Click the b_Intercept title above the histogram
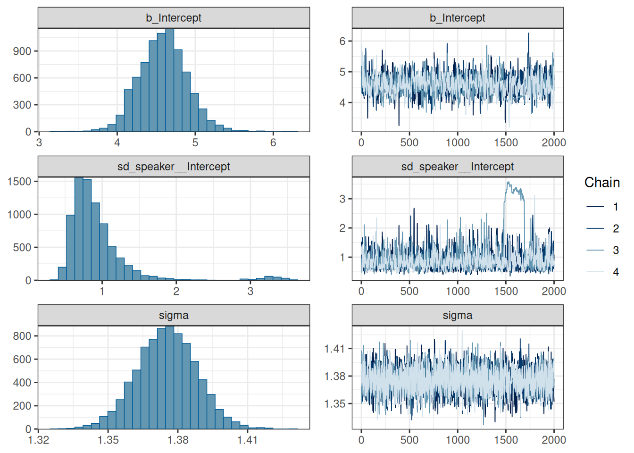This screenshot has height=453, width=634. pos(173,18)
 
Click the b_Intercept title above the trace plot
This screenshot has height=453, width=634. pos(457,18)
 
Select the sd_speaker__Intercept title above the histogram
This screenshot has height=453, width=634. pos(173,167)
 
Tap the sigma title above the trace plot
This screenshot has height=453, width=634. pos(457,315)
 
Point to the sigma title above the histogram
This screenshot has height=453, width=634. pos(173,315)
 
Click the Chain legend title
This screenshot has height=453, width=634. pos(602,183)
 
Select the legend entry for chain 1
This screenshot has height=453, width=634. pos(602,207)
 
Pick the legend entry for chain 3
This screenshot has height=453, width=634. pos(602,250)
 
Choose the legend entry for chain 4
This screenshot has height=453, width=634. pos(602,272)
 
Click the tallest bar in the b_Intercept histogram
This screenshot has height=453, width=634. pos(170,80)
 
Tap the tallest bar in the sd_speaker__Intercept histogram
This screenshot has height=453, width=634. pos(79,229)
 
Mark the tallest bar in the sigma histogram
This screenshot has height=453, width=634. pos(170,377)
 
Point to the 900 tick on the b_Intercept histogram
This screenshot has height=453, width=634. pos(22,51)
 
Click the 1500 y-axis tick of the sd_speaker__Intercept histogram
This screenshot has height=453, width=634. pos(19,181)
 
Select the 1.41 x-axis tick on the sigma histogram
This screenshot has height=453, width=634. pos(247,440)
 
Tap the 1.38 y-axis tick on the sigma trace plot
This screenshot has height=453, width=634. pos(334,376)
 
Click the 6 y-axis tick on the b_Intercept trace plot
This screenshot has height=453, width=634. pos(342,41)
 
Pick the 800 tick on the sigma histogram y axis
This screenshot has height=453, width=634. pos(22,336)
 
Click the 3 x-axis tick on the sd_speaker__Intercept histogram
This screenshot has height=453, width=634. pos(250,291)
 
